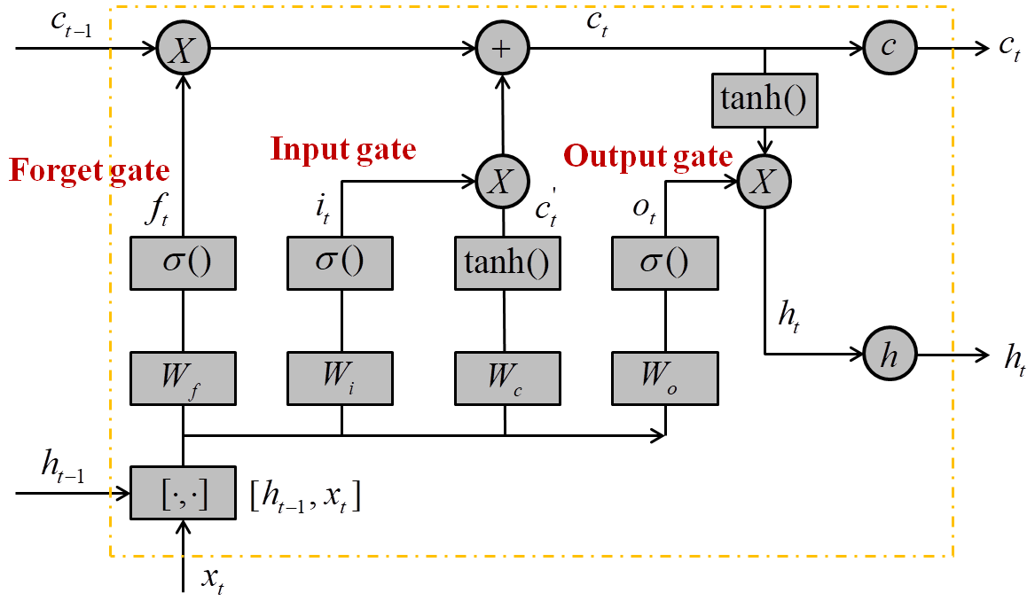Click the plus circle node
[x=502, y=48]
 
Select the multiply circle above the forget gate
[x=184, y=48]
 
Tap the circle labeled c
[x=889, y=48]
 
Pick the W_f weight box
[x=184, y=377]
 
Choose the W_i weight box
[x=341, y=377]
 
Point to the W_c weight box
[x=504, y=377]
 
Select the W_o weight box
[x=665, y=377]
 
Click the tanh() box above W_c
[x=504, y=263]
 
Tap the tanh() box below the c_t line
[x=764, y=98]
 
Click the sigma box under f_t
[x=184, y=263]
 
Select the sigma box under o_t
[x=665, y=263]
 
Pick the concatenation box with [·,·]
[x=184, y=493]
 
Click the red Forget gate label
[x=89, y=169]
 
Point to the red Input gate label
[x=343, y=149]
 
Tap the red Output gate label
[x=648, y=157]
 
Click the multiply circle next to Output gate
[x=765, y=183]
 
